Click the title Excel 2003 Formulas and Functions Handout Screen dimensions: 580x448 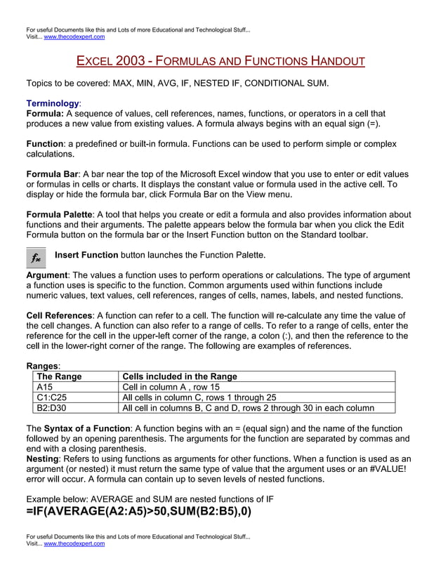220,61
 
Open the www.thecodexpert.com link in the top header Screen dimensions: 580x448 74,37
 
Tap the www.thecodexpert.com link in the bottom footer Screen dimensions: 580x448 74,543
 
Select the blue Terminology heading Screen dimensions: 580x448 53,103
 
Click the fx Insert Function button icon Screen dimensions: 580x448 36,258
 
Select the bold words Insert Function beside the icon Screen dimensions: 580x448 86,254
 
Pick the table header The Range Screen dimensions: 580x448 59,376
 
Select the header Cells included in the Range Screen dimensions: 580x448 180,376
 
